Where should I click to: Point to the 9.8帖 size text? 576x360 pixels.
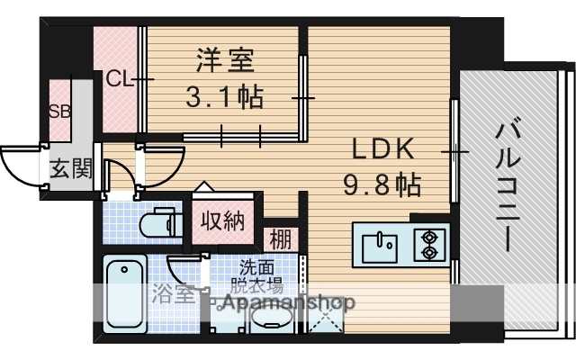tap(381, 185)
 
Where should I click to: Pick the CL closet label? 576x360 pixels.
tap(118, 79)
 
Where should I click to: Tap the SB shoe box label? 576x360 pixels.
tap(58, 112)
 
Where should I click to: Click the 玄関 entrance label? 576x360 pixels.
tap(70, 168)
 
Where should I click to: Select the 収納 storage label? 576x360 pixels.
tap(221, 221)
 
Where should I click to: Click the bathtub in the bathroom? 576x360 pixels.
tap(125, 293)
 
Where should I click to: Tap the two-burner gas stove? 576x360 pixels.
tap(427, 242)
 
